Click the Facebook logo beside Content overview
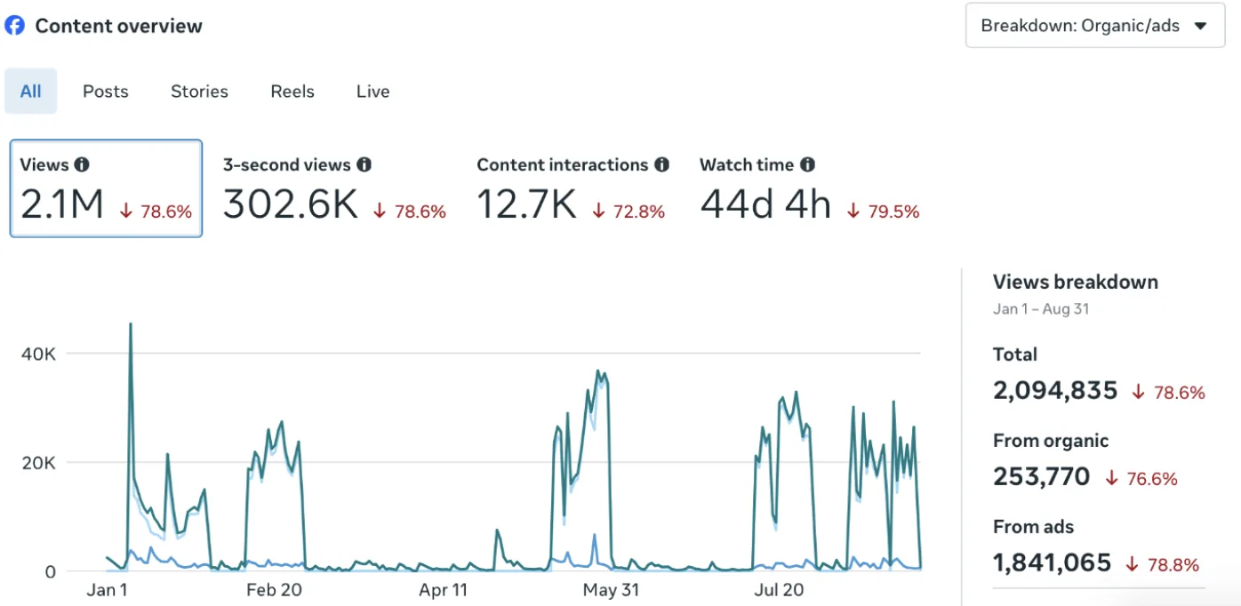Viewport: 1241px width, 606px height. click(15, 26)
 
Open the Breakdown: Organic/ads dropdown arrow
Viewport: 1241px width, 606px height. click(1201, 26)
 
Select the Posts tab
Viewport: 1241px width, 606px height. click(105, 92)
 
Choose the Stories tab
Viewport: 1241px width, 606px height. click(199, 92)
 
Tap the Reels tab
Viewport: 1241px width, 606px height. click(292, 92)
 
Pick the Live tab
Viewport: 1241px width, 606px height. click(372, 92)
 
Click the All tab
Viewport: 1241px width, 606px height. click(30, 92)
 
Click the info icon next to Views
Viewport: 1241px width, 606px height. click(82, 164)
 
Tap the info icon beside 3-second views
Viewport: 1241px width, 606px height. click(364, 164)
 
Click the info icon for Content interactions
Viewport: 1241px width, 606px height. click(661, 164)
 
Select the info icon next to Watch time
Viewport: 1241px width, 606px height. click(808, 164)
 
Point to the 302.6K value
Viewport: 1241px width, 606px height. click(291, 204)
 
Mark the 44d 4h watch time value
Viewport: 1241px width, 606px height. click(765, 204)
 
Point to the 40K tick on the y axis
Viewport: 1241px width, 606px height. click(38, 354)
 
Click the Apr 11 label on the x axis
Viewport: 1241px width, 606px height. click(444, 590)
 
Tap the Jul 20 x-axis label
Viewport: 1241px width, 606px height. click(779, 590)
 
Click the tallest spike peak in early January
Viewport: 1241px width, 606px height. click(131, 324)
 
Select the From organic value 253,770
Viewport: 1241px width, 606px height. click(1042, 477)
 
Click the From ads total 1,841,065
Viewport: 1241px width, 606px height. click(1052, 562)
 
